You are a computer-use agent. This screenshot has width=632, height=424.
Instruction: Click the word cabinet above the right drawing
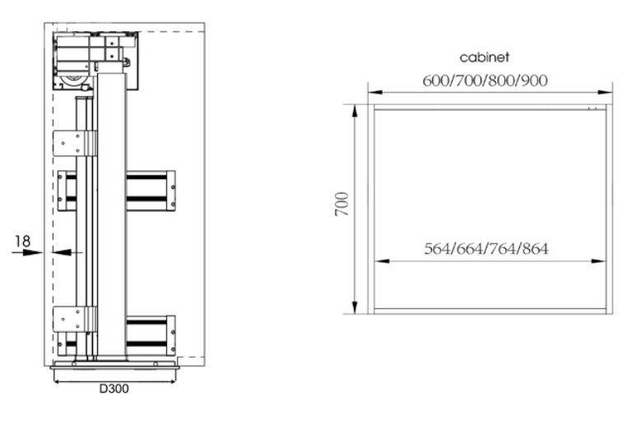click(484, 58)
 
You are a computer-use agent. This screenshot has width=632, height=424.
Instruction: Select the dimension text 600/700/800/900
click(485, 81)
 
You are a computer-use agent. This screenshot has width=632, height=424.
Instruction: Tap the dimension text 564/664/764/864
click(486, 249)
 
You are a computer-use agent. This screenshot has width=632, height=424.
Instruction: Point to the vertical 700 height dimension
click(342, 204)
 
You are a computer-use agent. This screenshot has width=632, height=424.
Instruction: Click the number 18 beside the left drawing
click(22, 241)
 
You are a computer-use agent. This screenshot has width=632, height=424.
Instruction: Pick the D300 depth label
click(114, 389)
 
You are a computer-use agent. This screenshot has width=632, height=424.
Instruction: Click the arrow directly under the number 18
click(27, 252)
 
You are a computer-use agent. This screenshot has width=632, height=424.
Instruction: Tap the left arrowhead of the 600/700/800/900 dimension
click(375, 92)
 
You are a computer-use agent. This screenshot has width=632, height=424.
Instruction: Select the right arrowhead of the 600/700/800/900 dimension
click(605, 92)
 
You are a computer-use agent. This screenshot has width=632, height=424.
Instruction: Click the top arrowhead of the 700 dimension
click(355, 111)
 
